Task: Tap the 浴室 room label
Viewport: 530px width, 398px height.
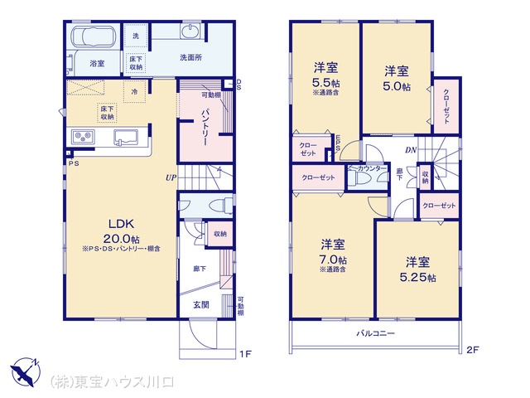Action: point(97,63)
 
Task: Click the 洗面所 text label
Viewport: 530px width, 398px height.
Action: point(191,57)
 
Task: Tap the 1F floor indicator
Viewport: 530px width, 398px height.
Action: point(245,354)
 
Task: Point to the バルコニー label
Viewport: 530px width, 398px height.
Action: point(375,333)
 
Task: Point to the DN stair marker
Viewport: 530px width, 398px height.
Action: point(411,150)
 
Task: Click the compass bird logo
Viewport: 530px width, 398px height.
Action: point(26,369)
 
